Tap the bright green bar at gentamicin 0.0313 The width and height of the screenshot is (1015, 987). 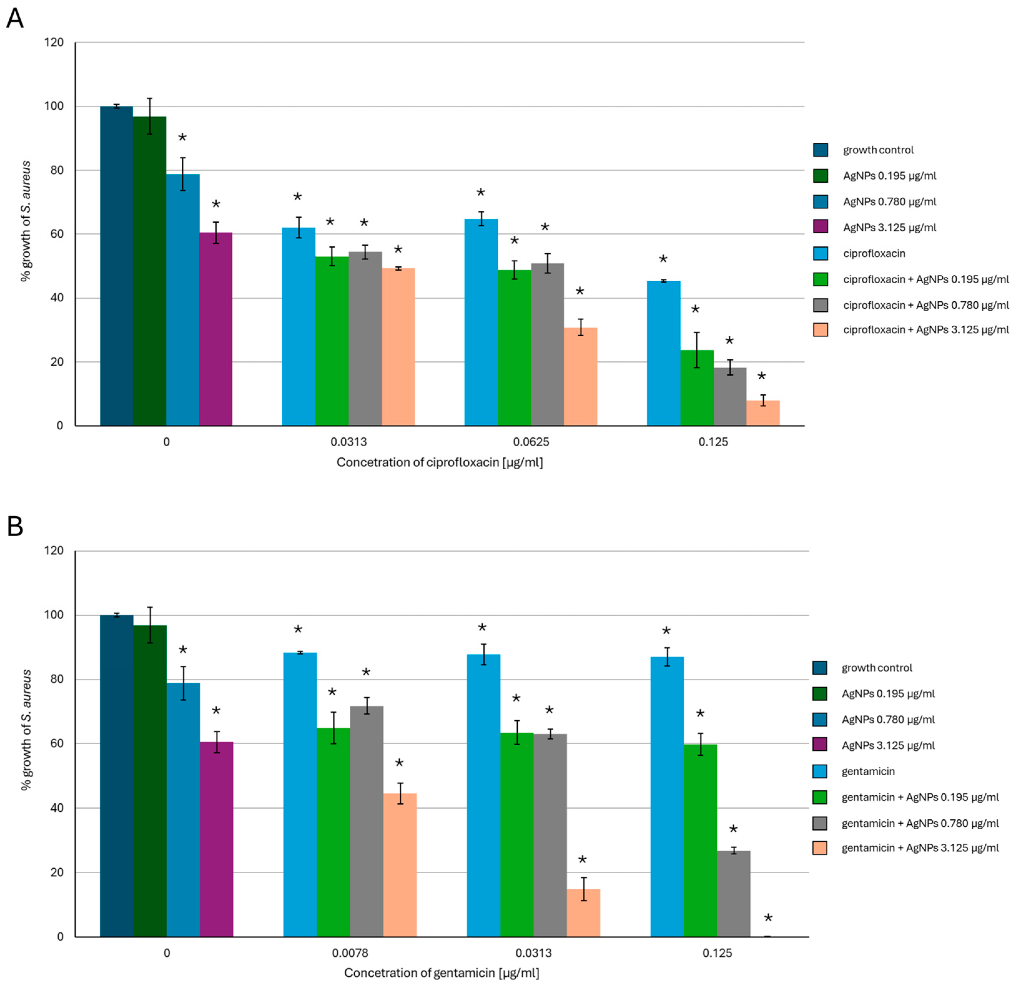tap(516, 835)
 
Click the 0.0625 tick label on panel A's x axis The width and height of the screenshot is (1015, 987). tap(531, 442)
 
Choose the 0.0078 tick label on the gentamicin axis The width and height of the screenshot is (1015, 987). tap(350, 953)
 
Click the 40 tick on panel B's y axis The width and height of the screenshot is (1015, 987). tap(57, 808)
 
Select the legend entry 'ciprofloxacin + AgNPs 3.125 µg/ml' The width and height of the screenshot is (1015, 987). tap(925, 330)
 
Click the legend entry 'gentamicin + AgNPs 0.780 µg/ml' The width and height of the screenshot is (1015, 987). tap(919, 823)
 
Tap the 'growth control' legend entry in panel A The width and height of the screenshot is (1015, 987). tap(878, 150)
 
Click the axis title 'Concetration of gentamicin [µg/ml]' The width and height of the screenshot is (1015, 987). tap(441, 973)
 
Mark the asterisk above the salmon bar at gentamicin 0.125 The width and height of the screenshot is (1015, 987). tap(768, 919)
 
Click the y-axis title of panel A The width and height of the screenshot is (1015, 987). tap(26, 221)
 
